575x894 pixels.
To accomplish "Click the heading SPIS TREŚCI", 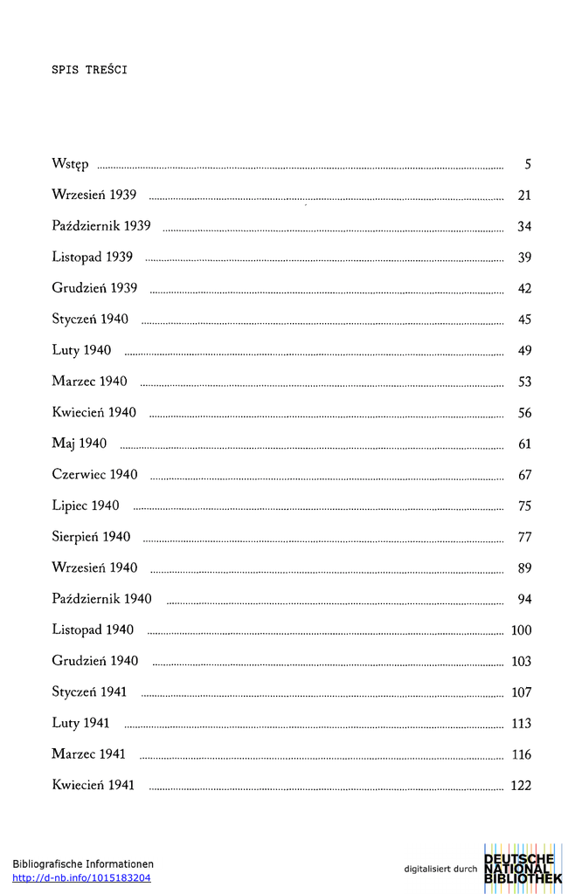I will click(x=89, y=71).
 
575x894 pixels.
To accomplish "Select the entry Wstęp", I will click(x=70, y=165).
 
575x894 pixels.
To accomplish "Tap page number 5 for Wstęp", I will click(x=528, y=165).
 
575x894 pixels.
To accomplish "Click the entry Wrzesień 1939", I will click(x=94, y=195).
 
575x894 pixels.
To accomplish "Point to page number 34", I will click(x=524, y=227).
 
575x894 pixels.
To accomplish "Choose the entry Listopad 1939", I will click(x=92, y=258).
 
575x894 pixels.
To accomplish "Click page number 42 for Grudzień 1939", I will click(x=524, y=289).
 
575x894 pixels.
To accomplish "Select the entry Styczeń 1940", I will click(x=90, y=320).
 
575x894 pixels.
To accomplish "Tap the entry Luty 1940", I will click(x=81, y=351).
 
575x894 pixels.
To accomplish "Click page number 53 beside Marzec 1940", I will click(x=524, y=382).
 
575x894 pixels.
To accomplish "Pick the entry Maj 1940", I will click(x=79, y=444).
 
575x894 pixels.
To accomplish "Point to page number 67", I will click(x=524, y=475).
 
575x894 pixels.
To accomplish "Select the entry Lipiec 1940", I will click(x=86, y=505).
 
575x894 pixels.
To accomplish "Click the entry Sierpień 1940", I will click(x=91, y=537).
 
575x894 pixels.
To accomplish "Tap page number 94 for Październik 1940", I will click(x=524, y=599).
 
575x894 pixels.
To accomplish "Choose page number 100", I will click(x=522, y=630).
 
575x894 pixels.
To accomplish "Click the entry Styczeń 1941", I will click(x=89, y=692).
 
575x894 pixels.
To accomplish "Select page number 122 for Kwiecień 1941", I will click(x=521, y=786).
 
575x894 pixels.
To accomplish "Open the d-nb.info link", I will click(x=81, y=878).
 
